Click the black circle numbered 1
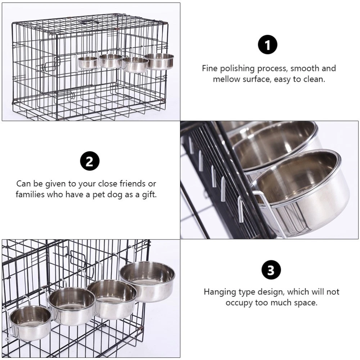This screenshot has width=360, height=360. (x=267, y=45)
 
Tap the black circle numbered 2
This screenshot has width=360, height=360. (x=90, y=161)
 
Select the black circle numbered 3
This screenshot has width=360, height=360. (x=271, y=270)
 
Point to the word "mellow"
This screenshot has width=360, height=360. (x=226, y=79)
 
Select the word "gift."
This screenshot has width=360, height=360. (x=149, y=195)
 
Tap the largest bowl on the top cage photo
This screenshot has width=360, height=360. (x=159, y=61)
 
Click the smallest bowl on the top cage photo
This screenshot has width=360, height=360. (x=87, y=62)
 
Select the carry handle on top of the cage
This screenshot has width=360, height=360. (x=89, y=22)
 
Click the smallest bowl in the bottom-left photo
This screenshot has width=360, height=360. (x=30, y=323)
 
